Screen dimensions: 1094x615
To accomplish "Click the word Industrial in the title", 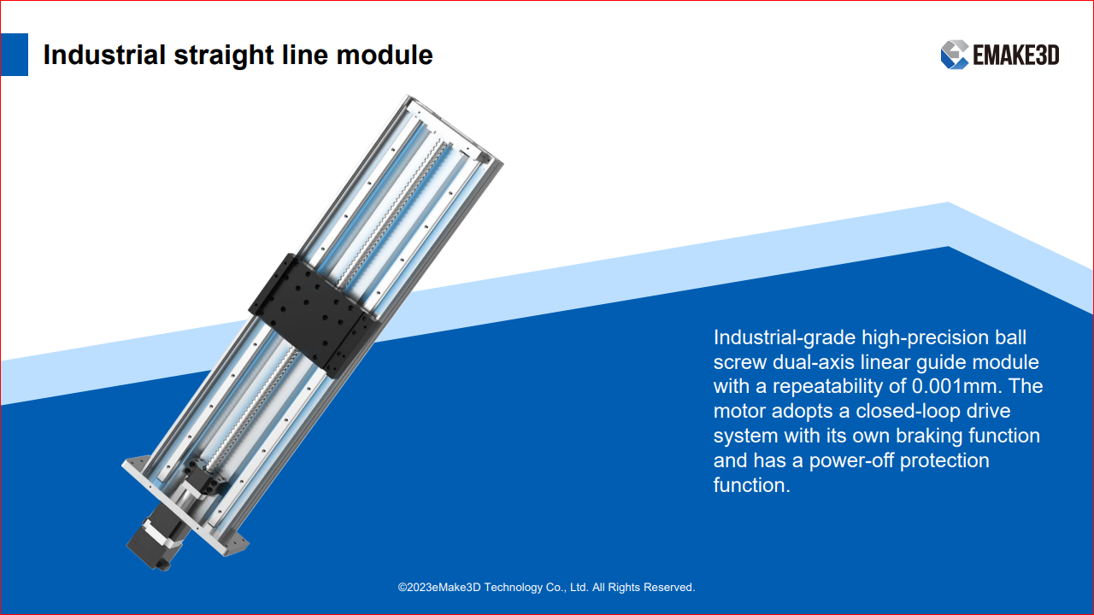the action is (x=104, y=54).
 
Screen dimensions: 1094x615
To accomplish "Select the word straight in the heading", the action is (x=223, y=56).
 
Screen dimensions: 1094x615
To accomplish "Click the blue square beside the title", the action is (x=15, y=54).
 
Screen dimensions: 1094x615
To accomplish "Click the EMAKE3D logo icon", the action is (x=955, y=54).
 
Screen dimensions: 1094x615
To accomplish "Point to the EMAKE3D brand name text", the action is (x=1016, y=55).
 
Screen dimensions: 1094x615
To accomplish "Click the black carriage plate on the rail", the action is (x=313, y=316).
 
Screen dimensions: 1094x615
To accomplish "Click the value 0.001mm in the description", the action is (x=956, y=386).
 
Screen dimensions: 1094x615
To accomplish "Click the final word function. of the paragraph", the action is (x=751, y=485).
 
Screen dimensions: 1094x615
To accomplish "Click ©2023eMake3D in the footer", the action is (x=439, y=587).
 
